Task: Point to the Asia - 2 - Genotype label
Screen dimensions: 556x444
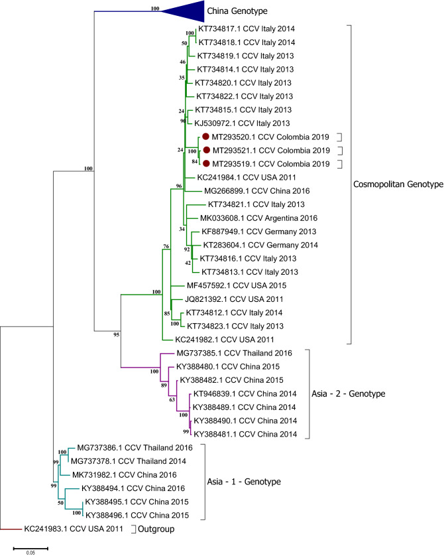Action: [357, 394]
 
